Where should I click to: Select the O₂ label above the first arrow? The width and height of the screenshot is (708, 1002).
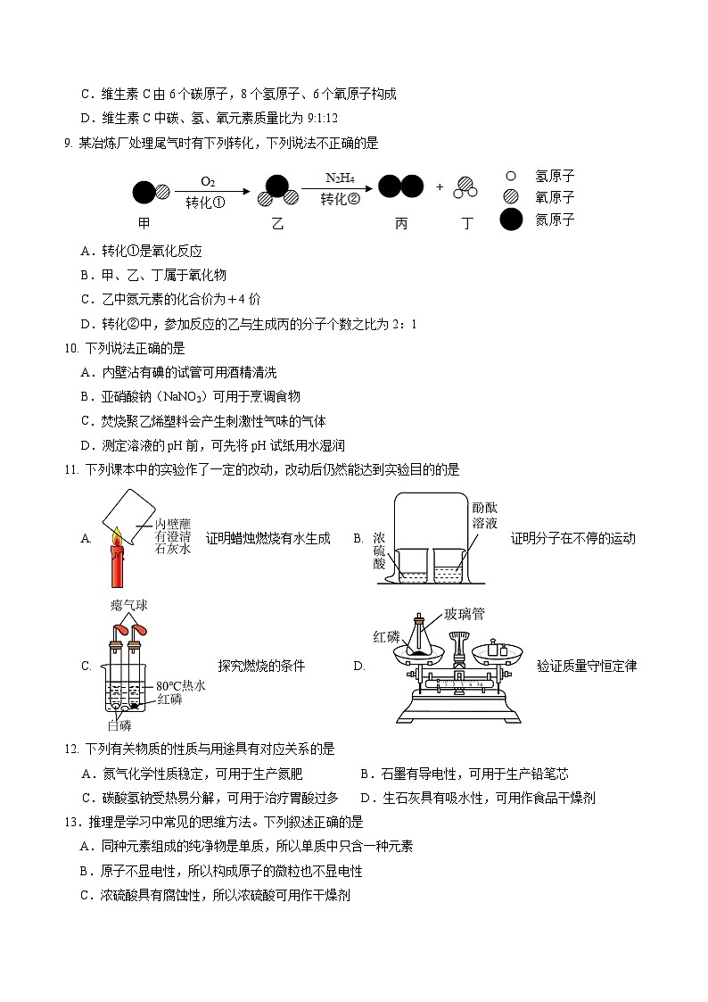[x=207, y=181]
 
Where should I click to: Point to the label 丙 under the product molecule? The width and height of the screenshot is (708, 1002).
[x=400, y=224]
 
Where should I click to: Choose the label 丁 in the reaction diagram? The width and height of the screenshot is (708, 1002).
[x=466, y=224]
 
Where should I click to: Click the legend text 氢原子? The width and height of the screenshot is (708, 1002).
[x=555, y=177]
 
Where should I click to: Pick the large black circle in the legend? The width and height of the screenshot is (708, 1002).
[x=511, y=220]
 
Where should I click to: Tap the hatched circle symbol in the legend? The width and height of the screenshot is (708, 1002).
[x=511, y=197]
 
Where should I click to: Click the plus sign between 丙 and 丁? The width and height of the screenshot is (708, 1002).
[x=440, y=187]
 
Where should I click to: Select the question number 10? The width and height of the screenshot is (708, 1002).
[x=70, y=348]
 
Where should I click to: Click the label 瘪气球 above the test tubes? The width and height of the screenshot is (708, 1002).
[x=128, y=605]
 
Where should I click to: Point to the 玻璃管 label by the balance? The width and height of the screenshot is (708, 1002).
[x=464, y=614]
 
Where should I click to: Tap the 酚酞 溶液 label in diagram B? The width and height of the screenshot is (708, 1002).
[x=485, y=516]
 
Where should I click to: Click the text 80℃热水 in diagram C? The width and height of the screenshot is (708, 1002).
[x=181, y=685]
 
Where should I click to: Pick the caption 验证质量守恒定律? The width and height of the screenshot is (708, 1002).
[x=587, y=665]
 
